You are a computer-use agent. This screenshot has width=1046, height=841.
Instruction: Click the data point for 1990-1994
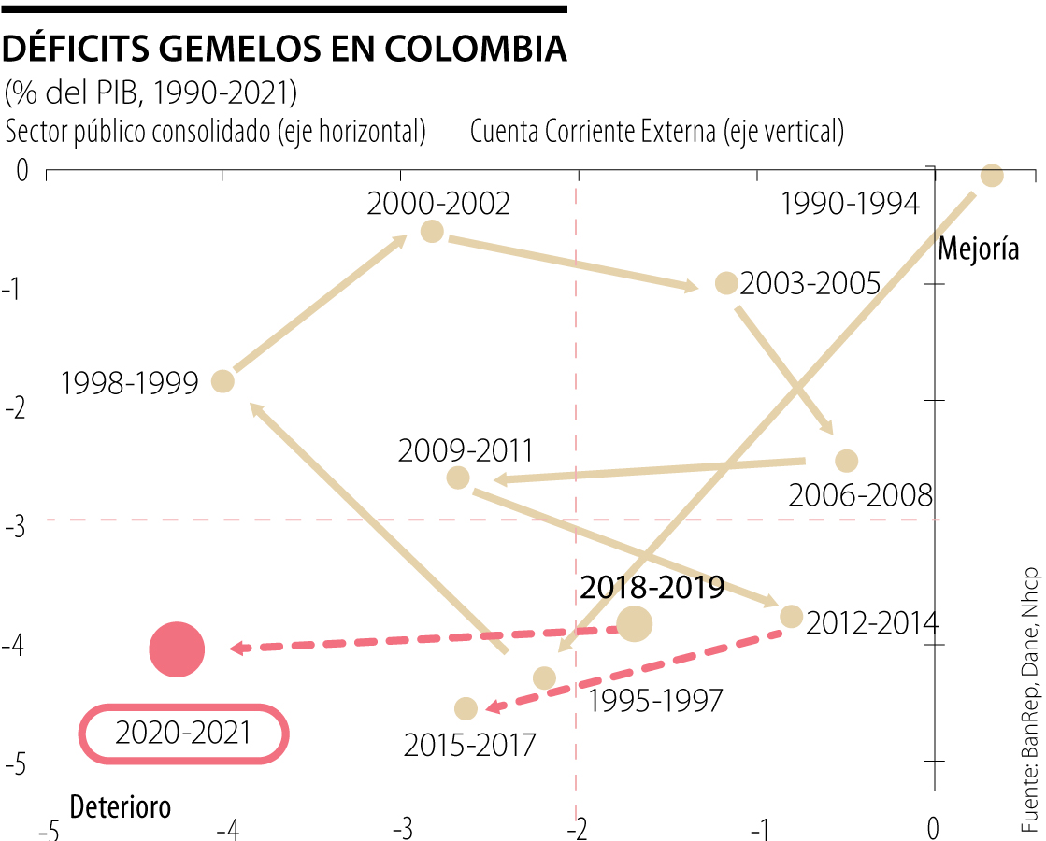click(x=992, y=176)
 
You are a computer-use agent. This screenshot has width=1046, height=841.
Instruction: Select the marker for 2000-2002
click(x=432, y=231)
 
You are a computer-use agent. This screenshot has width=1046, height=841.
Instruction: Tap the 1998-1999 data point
click(x=222, y=380)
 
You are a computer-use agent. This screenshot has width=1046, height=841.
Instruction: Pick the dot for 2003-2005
click(x=726, y=283)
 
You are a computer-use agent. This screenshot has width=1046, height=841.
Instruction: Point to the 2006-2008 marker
click(x=846, y=461)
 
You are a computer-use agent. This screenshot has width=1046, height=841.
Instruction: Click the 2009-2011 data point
click(x=458, y=478)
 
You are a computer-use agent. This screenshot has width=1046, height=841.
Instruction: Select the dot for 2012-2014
click(x=792, y=616)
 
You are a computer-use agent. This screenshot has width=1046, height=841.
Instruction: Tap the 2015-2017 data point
click(x=466, y=709)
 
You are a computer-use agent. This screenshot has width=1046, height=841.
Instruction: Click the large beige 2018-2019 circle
click(x=635, y=623)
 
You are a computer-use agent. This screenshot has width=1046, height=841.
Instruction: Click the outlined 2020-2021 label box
click(x=183, y=734)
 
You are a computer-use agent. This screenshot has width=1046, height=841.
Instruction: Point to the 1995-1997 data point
click(x=544, y=677)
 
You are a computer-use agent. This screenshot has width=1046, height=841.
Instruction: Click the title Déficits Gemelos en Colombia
click(x=285, y=49)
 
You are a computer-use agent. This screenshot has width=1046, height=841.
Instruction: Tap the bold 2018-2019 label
click(x=652, y=588)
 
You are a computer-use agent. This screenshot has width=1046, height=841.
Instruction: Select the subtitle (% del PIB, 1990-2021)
click(x=151, y=93)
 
